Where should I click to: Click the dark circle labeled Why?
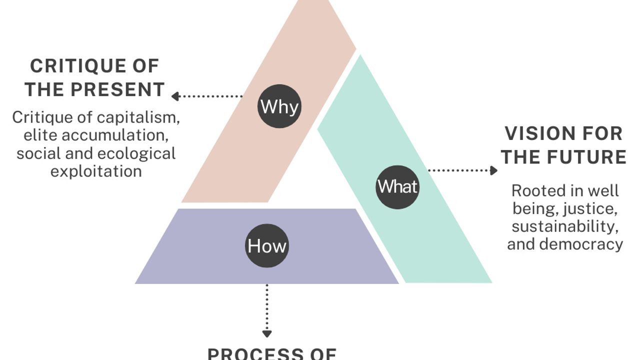click(x=279, y=106)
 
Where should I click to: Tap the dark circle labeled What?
click(x=397, y=186)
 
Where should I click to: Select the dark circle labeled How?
click(x=267, y=245)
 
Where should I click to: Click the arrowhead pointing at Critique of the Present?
click(x=175, y=96)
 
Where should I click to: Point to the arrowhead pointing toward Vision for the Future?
click(x=493, y=170)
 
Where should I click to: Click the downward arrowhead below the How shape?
click(x=267, y=333)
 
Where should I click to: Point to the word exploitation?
click(x=96, y=171)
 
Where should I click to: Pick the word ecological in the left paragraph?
click(x=136, y=153)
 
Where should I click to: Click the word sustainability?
click(x=565, y=226)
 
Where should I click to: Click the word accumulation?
click(x=114, y=135)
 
